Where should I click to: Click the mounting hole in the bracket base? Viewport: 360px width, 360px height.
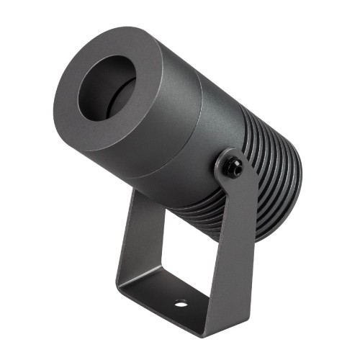click(x=180, y=303)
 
